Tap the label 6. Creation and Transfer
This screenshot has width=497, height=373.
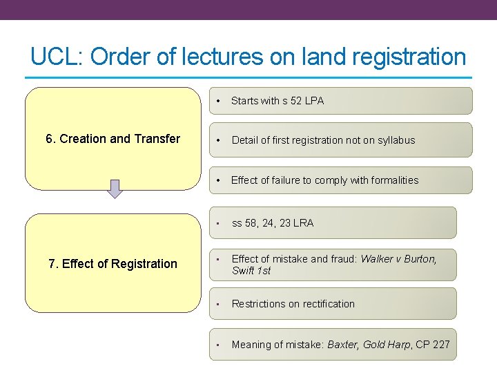click(x=113, y=139)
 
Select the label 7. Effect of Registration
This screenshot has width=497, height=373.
click(x=113, y=263)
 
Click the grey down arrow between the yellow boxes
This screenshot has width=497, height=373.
click(x=115, y=189)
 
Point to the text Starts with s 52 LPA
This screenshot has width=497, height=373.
click(x=277, y=101)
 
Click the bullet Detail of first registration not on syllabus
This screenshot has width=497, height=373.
click(x=323, y=140)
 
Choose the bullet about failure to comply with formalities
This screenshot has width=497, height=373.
click(x=324, y=180)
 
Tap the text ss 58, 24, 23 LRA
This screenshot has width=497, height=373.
click(x=272, y=223)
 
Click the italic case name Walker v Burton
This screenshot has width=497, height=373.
click(x=398, y=259)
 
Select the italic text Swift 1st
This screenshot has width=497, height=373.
click(x=251, y=271)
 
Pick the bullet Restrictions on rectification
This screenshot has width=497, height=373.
click(x=293, y=304)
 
